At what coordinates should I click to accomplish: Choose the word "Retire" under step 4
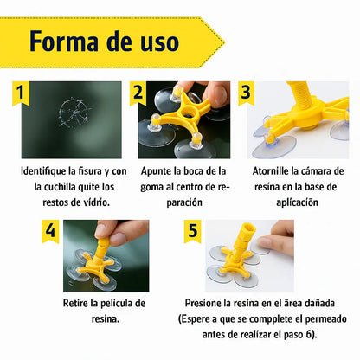click(80, 303)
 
